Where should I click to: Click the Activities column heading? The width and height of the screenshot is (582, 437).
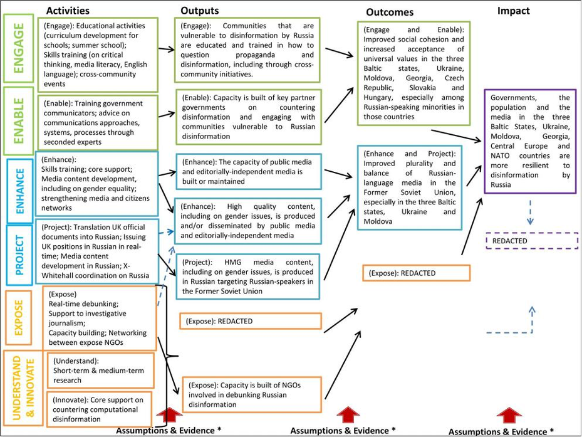point(68,11)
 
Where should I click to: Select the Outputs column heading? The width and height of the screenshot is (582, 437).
point(200,10)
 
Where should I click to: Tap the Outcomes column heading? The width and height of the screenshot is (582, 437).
point(390,13)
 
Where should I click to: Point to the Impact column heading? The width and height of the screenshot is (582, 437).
point(513,11)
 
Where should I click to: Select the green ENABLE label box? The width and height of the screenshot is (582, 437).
point(19,120)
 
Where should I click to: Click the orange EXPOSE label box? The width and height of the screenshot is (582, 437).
point(19,319)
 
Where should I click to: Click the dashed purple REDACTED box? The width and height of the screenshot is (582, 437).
point(531,241)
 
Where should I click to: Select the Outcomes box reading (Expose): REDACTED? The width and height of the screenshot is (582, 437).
point(416,273)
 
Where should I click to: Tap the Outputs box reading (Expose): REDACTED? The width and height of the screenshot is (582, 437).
point(250,321)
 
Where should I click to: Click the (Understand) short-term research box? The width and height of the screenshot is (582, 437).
point(100,371)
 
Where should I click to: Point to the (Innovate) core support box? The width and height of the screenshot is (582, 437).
point(100,409)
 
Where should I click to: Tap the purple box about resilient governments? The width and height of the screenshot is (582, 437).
point(530,141)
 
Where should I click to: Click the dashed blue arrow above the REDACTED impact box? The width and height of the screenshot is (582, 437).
point(531,212)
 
